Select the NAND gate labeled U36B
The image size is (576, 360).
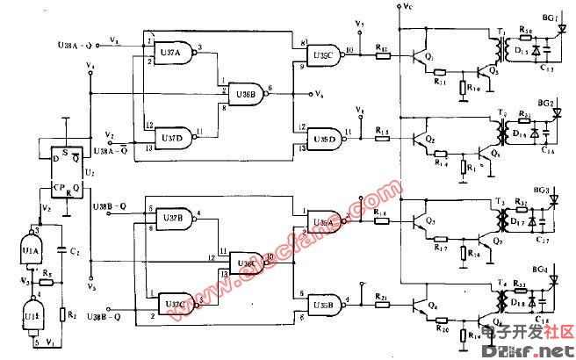pyautogui.click(x=243, y=91)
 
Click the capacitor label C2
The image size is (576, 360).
pyautogui.click(x=76, y=252)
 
